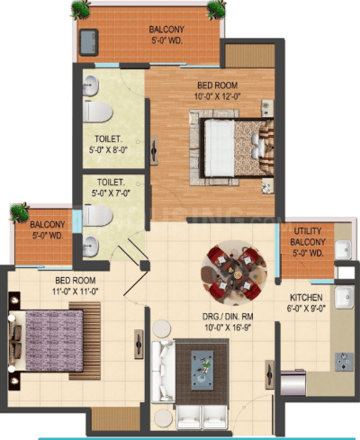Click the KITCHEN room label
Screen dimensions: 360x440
[306, 298]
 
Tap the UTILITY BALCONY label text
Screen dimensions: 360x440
[308, 237]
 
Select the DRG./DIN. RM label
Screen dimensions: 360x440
[228, 317]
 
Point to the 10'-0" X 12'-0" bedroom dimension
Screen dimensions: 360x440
[218, 96]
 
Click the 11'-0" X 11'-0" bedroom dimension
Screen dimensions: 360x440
[76, 292]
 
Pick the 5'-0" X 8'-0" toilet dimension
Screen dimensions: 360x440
[109, 149]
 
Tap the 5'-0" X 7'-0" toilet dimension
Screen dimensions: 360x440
[111, 193]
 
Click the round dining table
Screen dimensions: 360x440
[234, 273]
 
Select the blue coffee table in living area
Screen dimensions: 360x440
[202, 371]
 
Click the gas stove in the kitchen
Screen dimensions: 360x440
[344, 362]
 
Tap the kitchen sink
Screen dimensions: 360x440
[345, 297]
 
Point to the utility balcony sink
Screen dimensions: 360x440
[343, 249]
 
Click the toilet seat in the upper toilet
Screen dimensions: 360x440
[97, 112]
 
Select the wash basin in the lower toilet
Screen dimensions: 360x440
[91, 247]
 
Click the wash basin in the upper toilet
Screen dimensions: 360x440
[91, 85]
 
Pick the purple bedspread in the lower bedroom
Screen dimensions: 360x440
[54, 340]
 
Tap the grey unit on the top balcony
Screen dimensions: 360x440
[89, 42]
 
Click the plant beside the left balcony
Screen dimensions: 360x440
[20, 212]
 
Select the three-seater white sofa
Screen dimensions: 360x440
[163, 371]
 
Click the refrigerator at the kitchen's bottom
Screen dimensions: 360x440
[293, 383]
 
